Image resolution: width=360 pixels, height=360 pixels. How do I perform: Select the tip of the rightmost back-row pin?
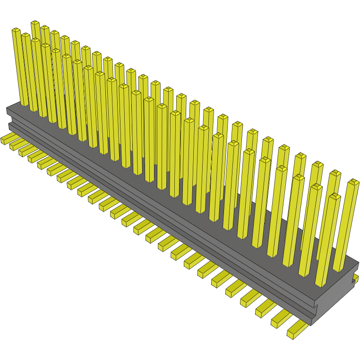[353, 181]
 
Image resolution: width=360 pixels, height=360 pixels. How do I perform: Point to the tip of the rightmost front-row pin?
[335, 196]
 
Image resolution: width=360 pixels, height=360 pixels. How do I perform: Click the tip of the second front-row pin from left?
[26, 35]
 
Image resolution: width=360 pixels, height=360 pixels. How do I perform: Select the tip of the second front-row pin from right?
[317, 187]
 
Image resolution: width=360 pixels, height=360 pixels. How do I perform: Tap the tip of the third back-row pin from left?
[55, 33]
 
